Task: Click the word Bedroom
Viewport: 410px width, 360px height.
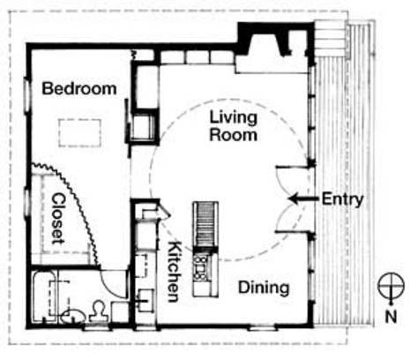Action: (x=79, y=88)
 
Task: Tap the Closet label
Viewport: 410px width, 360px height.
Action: (x=58, y=219)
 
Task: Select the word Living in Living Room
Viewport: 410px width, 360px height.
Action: (x=234, y=117)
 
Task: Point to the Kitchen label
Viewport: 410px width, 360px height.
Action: (x=174, y=272)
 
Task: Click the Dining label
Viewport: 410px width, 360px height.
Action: (x=264, y=288)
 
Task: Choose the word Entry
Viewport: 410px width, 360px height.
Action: (x=342, y=199)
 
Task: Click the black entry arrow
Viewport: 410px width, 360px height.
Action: (x=303, y=199)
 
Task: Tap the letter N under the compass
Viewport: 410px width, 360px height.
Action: (x=391, y=317)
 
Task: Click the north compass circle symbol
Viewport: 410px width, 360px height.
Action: (x=391, y=286)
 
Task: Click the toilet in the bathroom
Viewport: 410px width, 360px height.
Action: (x=99, y=312)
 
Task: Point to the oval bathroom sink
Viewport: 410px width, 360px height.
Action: (x=73, y=316)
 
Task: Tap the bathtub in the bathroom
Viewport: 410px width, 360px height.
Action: (x=45, y=297)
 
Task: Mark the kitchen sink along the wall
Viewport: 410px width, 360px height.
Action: (x=145, y=300)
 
